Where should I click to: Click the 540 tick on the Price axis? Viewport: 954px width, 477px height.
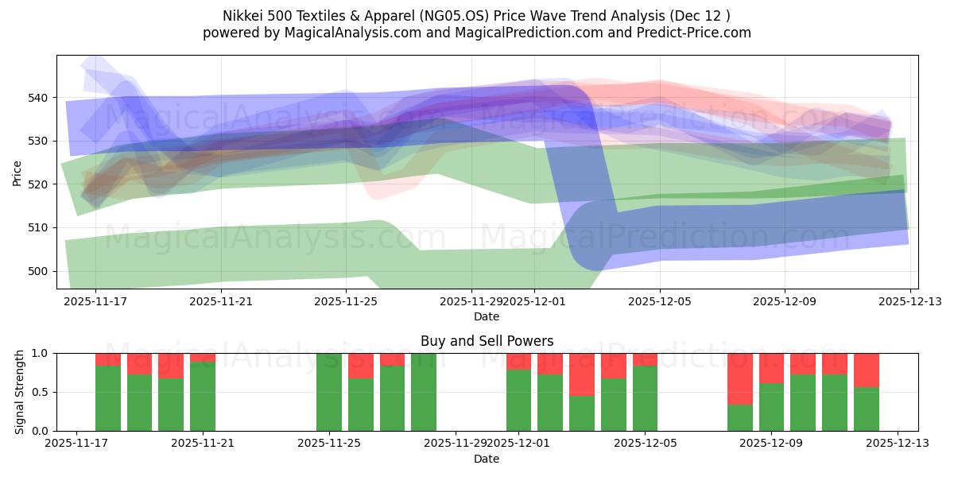coord(41,98)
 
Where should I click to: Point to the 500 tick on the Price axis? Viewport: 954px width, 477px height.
coord(41,271)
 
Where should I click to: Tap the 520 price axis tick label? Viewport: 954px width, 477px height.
coord(41,184)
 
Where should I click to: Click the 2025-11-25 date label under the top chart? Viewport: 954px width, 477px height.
coord(346,302)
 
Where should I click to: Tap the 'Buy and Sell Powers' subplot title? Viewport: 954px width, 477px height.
coord(487,341)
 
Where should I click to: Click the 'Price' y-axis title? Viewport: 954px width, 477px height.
coord(17,172)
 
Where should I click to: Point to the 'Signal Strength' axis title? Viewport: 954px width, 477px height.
coord(20,392)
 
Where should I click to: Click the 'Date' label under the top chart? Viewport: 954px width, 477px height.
coord(487,316)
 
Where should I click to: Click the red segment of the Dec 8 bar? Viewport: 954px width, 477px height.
coord(740,378)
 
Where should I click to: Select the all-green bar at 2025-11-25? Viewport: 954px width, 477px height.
coord(329,392)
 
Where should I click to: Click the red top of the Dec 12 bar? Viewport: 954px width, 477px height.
coord(867,370)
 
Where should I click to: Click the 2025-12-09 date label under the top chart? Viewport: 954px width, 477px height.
coord(785,302)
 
